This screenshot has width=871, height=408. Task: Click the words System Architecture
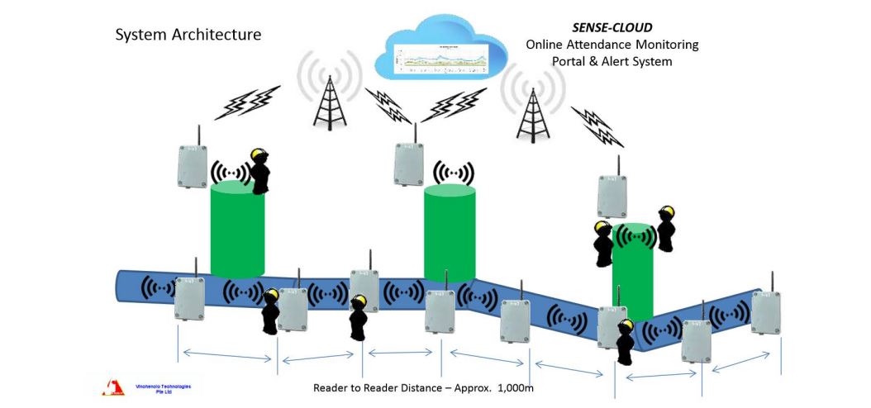point(188,35)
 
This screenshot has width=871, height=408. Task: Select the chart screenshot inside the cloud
point(442,55)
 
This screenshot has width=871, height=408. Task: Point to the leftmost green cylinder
point(237,230)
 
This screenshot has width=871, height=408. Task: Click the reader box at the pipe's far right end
point(766,311)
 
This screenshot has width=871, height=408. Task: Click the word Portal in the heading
point(569,61)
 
